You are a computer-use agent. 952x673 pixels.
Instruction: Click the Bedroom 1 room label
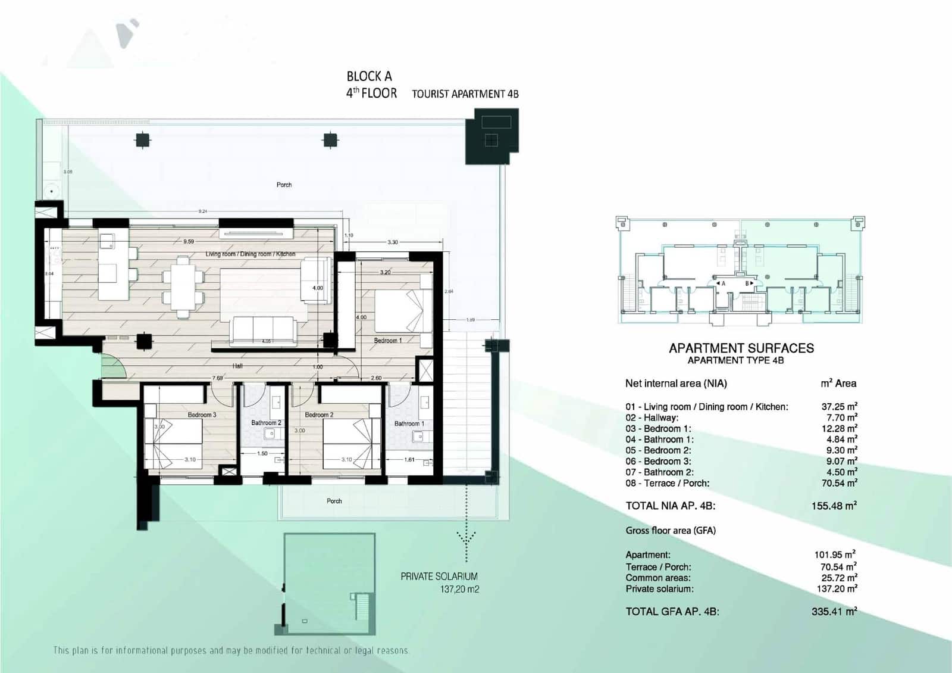click(388, 341)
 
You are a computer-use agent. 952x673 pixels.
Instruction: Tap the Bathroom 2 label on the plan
click(266, 423)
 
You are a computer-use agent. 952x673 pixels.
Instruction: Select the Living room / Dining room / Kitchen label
click(250, 254)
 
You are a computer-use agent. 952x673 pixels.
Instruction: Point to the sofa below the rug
click(264, 331)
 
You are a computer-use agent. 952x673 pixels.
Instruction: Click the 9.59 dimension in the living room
click(189, 242)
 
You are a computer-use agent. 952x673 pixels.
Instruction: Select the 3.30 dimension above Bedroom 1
click(393, 242)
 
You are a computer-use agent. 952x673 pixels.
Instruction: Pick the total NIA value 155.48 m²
click(834, 506)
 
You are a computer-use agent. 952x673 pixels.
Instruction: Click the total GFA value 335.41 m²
click(834, 611)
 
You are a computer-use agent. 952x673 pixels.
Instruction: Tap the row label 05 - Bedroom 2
click(658, 450)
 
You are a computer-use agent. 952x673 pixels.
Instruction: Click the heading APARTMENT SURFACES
click(741, 348)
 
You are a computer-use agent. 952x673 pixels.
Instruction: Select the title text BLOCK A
click(369, 76)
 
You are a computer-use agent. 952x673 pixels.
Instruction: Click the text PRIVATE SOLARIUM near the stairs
click(439, 577)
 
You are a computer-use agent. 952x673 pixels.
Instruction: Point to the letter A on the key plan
click(724, 284)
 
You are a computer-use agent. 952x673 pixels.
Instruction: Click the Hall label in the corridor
click(237, 366)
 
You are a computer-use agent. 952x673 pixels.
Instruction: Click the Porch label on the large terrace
click(284, 185)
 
